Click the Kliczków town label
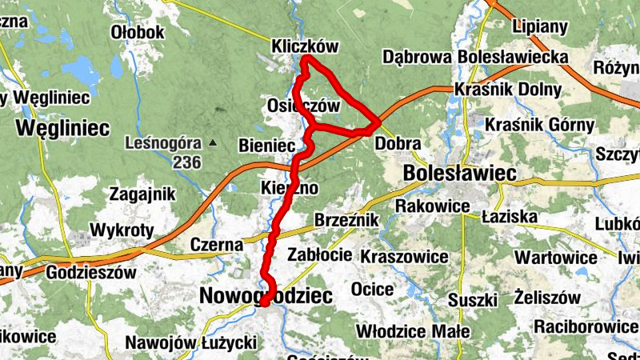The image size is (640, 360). [x=306, y=46]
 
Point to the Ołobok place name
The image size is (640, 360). [x=138, y=32]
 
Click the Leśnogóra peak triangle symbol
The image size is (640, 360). [x=213, y=143]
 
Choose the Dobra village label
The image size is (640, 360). [x=398, y=144]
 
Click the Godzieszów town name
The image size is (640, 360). [x=90, y=272]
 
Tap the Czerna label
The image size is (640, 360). [x=217, y=244]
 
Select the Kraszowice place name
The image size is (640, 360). [x=405, y=257]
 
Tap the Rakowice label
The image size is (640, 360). [x=432, y=207]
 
